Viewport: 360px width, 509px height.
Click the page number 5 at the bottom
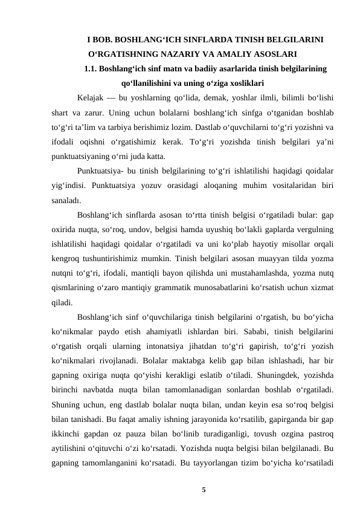coord(204,488)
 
